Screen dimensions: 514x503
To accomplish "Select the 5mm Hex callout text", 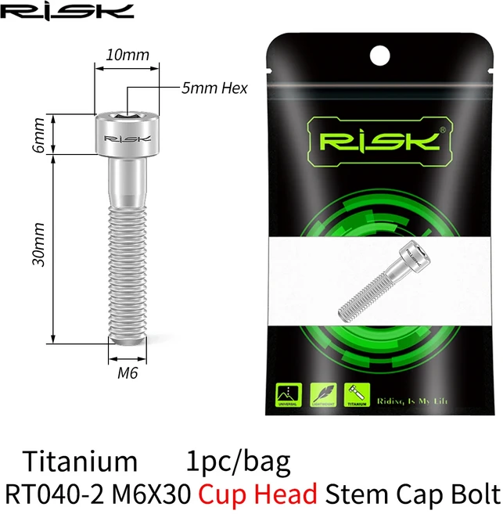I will (214, 88).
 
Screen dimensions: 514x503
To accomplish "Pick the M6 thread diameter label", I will (127, 374).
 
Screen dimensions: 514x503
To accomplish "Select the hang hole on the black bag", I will (379, 53).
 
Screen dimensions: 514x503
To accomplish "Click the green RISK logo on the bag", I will (380, 142).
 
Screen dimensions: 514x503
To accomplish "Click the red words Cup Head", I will (258, 494).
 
